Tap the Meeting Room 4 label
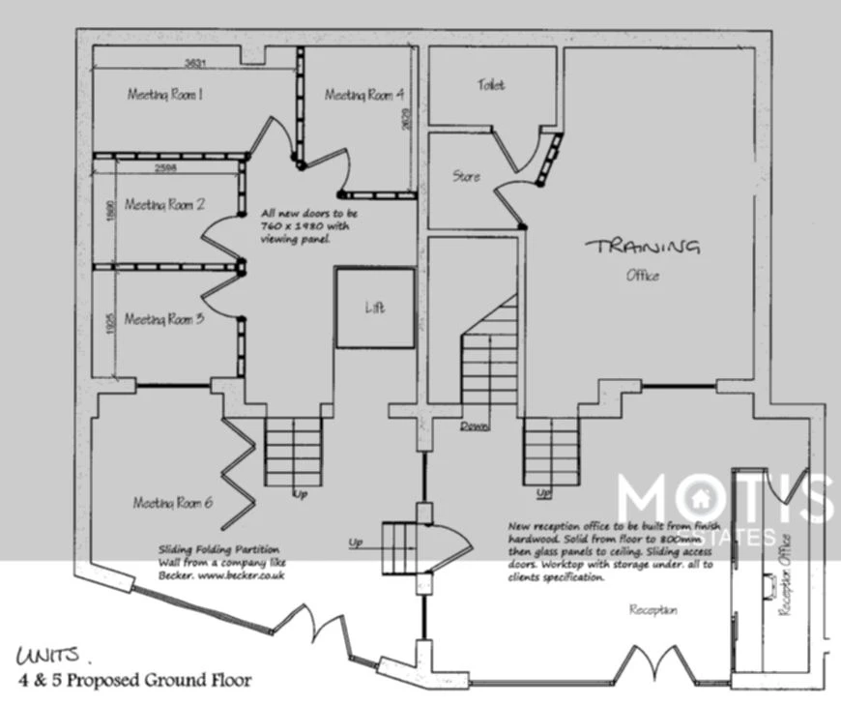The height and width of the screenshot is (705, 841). [363, 95]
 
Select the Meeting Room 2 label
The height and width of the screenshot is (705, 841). [163, 204]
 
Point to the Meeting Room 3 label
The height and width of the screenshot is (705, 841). [163, 318]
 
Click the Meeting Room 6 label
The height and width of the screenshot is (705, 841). [172, 502]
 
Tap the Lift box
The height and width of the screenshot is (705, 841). [375, 308]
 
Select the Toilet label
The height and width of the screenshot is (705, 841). [490, 85]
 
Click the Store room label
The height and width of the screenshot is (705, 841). [466, 177]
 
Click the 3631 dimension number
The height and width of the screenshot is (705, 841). [198, 64]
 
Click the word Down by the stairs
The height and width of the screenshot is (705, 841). [473, 426]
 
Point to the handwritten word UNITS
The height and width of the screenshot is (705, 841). [48, 656]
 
